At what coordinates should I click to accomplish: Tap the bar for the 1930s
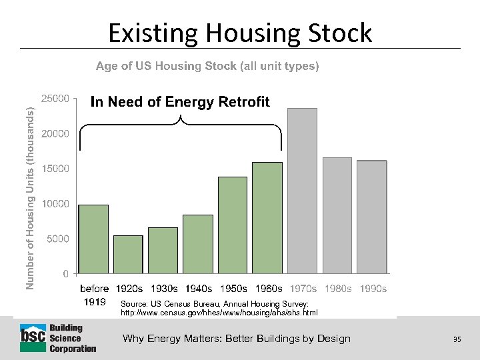pyautogui.click(x=163, y=250)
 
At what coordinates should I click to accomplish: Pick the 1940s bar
pyautogui.click(x=197, y=244)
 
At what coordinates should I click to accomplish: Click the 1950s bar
pyautogui.click(x=233, y=225)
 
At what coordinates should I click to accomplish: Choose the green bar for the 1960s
pyautogui.click(x=267, y=217)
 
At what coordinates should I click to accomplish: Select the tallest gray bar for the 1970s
pyautogui.click(x=302, y=191)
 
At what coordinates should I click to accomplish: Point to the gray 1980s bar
pyautogui.click(x=337, y=215)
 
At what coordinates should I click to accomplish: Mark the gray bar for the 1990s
pyautogui.click(x=371, y=217)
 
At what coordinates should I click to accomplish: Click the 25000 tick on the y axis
pyautogui.click(x=55, y=99)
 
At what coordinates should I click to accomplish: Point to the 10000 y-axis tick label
pyautogui.click(x=55, y=203)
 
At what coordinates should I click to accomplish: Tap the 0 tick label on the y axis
pyautogui.click(x=65, y=273)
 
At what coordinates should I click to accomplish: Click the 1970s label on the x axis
pyautogui.click(x=303, y=289)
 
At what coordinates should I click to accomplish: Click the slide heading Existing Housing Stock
pyautogui.click(x=240, y=33)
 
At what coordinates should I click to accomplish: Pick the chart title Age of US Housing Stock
pyautogui.click(x=207, y=66)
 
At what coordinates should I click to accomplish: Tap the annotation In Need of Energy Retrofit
pyautogui.click(x=180, y=102)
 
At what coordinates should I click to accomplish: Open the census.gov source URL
pyautogui.click(x=219, y=312)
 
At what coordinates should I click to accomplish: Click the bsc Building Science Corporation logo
pyautogui.click(x=58, y=338)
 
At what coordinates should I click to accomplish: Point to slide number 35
pyautogui.click(x=457, y=339)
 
